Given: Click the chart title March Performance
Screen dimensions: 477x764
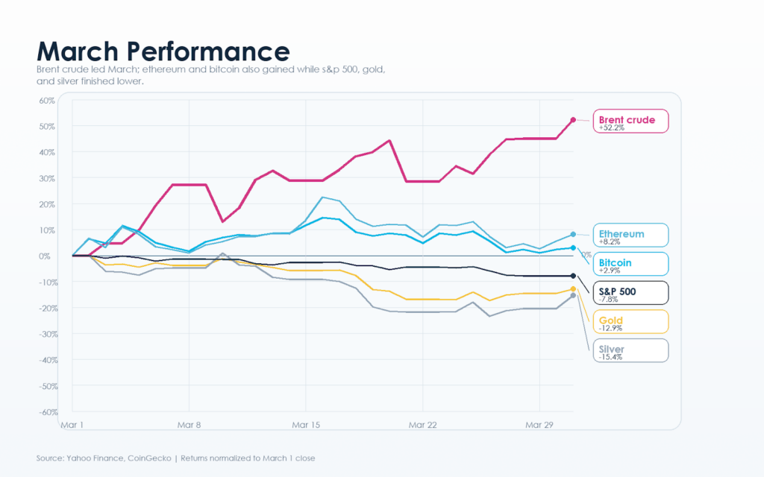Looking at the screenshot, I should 163,51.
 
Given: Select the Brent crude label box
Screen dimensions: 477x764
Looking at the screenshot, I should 630,121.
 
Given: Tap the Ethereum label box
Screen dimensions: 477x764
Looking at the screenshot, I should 630,236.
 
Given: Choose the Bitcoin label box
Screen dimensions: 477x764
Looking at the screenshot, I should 630,265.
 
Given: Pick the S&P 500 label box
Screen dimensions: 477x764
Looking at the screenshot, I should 630,293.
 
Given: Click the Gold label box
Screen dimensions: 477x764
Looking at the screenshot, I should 630,322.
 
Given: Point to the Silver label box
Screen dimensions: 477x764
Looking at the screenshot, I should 630,351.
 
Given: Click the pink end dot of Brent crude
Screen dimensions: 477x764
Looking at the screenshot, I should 573,119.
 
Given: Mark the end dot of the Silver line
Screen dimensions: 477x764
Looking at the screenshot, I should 573,296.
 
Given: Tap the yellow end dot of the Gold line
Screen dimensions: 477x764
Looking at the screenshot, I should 573,289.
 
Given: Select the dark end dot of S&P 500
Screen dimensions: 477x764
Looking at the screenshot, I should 573,276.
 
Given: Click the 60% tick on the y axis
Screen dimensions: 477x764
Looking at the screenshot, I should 48,101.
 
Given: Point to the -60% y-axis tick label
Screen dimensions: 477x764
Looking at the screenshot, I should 46,412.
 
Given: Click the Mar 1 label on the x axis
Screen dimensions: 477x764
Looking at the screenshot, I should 72,425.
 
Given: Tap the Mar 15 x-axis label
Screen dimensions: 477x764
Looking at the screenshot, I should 306,425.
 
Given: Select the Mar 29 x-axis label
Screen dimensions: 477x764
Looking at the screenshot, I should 539,425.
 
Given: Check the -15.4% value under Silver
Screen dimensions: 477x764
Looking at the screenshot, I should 610,358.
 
